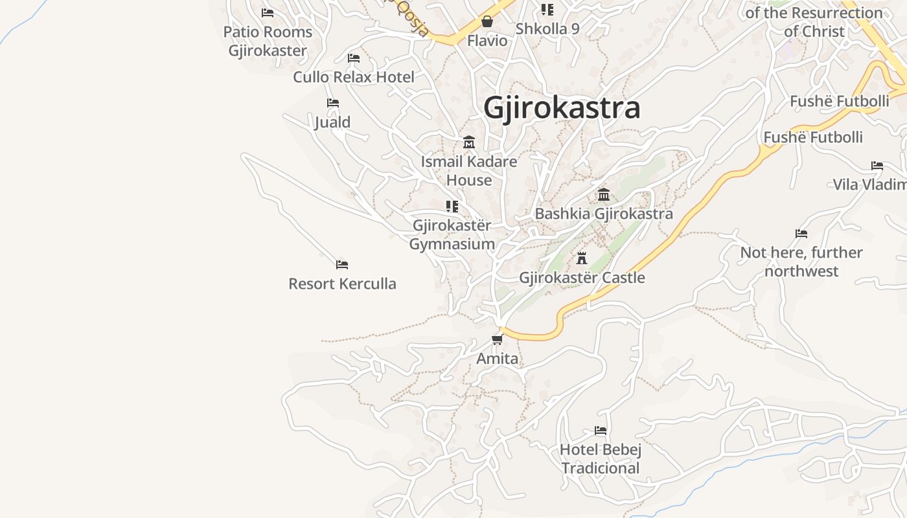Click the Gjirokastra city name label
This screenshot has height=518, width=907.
tap(562, 107)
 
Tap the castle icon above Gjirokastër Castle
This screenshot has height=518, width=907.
tap(582, 258)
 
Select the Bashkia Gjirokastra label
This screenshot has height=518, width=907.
tap(603, 214)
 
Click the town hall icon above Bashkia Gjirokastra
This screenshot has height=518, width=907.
tap(604, 195)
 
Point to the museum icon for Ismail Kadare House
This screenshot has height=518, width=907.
tap(469, 142)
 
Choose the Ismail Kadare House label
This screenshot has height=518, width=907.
tap(469, 171)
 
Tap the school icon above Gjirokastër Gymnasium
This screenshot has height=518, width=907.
tap(452, 207)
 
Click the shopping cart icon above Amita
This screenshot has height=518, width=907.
tap(497, 339)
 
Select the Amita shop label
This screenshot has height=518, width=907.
tap(497, 359)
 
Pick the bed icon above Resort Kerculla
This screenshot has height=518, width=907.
tap(342, 264)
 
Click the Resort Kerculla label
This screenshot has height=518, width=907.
tap(342, 284)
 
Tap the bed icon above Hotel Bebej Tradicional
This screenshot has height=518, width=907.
tap(601, 431)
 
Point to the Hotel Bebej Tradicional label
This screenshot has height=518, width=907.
tap(601, 458)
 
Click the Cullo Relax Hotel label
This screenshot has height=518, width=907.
tap(354, 77)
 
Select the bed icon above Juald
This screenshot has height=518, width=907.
tap(333, 103)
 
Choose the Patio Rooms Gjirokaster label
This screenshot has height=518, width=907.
tap(268, 41)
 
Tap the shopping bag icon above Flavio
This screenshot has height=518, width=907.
tap(487, 21)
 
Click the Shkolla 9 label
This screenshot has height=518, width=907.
tap(547, 29)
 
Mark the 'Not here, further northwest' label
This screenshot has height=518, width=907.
tap(801, 262)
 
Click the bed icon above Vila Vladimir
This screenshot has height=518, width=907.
tap(877, 166)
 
